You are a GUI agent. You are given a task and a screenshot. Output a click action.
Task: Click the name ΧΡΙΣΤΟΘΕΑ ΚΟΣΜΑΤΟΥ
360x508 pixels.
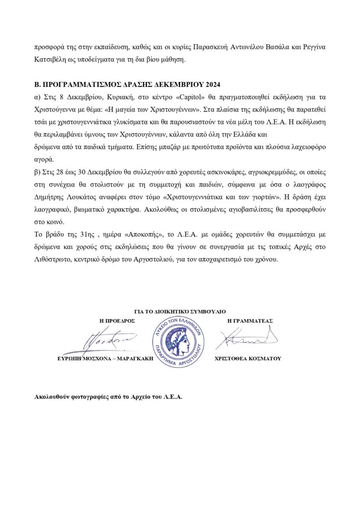click(x=248, y=358)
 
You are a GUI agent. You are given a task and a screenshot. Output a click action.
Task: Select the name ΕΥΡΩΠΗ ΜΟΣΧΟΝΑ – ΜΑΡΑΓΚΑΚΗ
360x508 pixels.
click(x=104, y=358)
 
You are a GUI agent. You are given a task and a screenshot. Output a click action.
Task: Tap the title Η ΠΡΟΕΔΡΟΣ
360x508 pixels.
click(x=118, y=321)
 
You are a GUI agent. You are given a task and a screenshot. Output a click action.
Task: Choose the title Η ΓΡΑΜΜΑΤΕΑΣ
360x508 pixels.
click(x=250, y=321)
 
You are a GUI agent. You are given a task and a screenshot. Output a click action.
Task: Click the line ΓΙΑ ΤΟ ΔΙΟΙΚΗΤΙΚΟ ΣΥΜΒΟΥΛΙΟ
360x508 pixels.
click(x=180, y=312)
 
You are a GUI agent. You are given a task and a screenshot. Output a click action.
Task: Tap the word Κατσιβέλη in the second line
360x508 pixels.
click(x=52, y=60)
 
